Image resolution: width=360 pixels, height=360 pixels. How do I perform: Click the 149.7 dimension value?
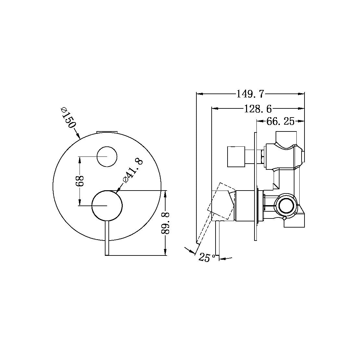pyautogui.click(x=251, y=94)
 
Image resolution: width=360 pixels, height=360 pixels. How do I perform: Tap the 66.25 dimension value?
pyautogui.click(x=280, y=121)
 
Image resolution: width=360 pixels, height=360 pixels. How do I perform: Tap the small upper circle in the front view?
pyautogui.click(x=107, y=157)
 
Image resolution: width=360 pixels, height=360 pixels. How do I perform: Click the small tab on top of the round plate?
pyautogui.click(x=107, y=132)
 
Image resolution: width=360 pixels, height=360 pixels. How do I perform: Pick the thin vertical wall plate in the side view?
pyautogui.click(x=255, y=186)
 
